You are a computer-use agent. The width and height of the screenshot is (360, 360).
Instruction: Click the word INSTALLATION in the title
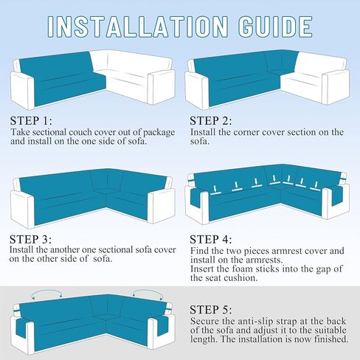click(x=138, y=27)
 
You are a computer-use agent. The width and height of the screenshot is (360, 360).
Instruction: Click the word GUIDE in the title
click(x=275, y=27)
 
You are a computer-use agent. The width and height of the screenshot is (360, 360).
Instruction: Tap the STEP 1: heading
click(x=31, y=121)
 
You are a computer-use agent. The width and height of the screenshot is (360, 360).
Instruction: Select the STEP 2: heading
click(x=211, y=121)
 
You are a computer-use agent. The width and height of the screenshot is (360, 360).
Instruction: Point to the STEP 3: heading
click(x=31, y=239)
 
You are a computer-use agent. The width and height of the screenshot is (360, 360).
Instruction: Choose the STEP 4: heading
click(x=211, y=239)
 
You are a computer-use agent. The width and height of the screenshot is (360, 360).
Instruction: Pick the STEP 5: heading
click(x=211, y=310)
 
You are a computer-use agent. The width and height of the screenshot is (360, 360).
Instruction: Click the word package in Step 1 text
click(x=159, y=133)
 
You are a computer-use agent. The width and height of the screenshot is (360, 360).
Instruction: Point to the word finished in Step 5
click(x=331, y=339)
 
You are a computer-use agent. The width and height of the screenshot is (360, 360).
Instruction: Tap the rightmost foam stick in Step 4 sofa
click(x=315, y=187)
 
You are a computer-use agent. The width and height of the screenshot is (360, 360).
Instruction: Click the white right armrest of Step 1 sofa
click(x=161, y=87)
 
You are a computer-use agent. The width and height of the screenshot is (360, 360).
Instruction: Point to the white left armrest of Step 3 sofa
click(x=23, y=209)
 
